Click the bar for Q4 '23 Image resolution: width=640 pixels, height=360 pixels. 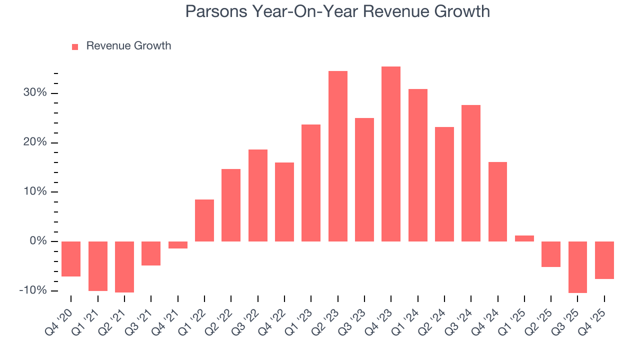pos(391,154)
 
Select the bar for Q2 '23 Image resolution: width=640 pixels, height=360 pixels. pos(338,156)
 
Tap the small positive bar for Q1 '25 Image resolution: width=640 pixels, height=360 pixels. pos(524,238)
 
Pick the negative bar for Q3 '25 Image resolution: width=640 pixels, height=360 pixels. pos(577,267)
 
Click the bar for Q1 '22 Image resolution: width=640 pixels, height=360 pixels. pos(204,220)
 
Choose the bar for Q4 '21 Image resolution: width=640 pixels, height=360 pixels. pos(177,245)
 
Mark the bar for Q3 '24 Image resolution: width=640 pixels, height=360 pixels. pos(471,173)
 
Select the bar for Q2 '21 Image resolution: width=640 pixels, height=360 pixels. pos(124,267)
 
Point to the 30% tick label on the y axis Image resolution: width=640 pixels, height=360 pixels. pos(34,93)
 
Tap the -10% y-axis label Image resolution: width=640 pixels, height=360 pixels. pos(33,291)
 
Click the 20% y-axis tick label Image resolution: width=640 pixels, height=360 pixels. pos(34,143)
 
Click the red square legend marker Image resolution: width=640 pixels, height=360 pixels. pos(75,46)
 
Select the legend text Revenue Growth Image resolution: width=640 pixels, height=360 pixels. pos(128,46)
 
